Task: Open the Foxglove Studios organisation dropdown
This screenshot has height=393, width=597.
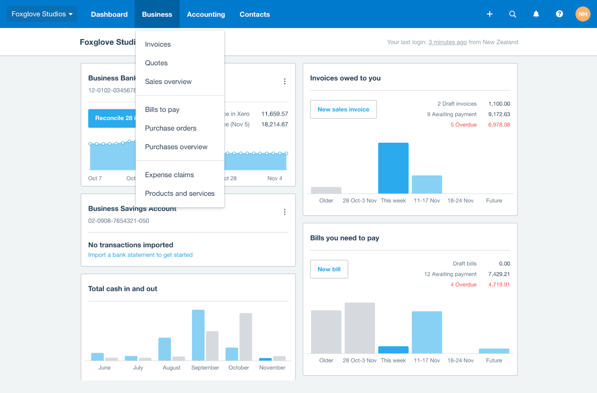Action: tap(42, 14)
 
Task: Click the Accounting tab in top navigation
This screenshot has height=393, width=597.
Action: tap(206, 14)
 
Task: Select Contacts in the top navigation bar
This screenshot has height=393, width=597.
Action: tap(254, 14)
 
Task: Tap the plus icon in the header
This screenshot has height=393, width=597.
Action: tap(490, 14)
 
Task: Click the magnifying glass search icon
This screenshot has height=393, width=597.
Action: tap(513, 14)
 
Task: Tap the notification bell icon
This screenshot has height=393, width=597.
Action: tap(536, 14)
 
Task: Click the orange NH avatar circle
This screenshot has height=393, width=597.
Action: tap(583, 14)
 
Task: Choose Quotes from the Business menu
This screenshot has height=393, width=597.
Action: tap(156, 63)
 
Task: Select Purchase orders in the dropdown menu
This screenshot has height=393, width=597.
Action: tap(171, 128)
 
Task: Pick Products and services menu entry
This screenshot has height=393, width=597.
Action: tap(180, 193)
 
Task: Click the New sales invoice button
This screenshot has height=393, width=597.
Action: tap(343, 109)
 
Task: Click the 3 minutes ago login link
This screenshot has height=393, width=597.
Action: tap(447, 42)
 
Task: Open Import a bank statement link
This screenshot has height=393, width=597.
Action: tap(140, 255)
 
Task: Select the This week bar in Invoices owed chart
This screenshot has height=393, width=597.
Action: tap(393, 168)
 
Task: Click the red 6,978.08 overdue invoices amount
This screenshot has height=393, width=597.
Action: tap(499, 125)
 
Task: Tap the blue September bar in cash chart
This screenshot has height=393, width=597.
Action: tap(198, 335)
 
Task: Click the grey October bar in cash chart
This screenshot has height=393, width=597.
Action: tap(246, 337)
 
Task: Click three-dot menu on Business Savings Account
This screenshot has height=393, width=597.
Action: tap(285, 212)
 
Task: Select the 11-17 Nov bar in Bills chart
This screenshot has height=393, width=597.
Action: tap(427, 332)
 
